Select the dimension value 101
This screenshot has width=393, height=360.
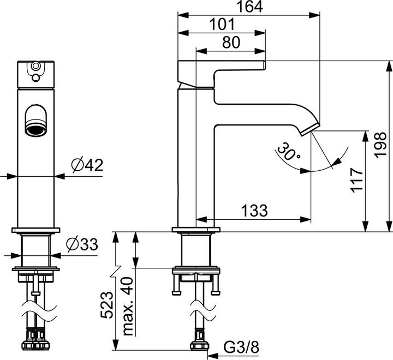tap(222, 24)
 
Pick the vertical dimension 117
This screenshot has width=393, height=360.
tap(356, 181)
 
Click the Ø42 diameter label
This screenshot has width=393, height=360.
tap(87, 164)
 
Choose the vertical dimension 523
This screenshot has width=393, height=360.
tap(106, 307)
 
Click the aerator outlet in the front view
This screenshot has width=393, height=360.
tap(37, 129)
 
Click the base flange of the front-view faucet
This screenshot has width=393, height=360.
tap(37, 230)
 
